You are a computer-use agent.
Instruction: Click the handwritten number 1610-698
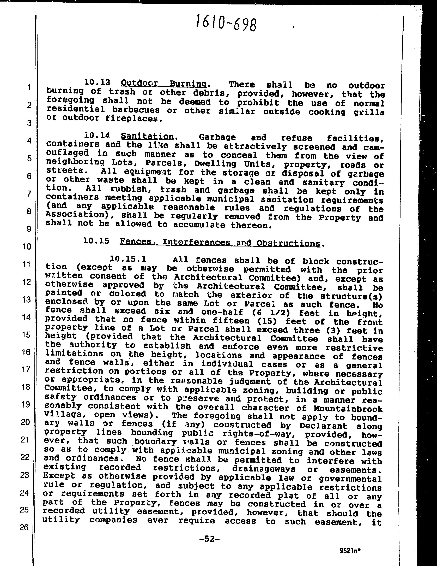[226, 23]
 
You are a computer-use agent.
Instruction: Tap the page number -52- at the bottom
[210, 539]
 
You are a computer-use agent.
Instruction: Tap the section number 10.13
[97, 82]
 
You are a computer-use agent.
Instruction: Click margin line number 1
[29, 88]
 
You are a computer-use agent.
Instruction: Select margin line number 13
[26, 300]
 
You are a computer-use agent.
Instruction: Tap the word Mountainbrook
[348, 409]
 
